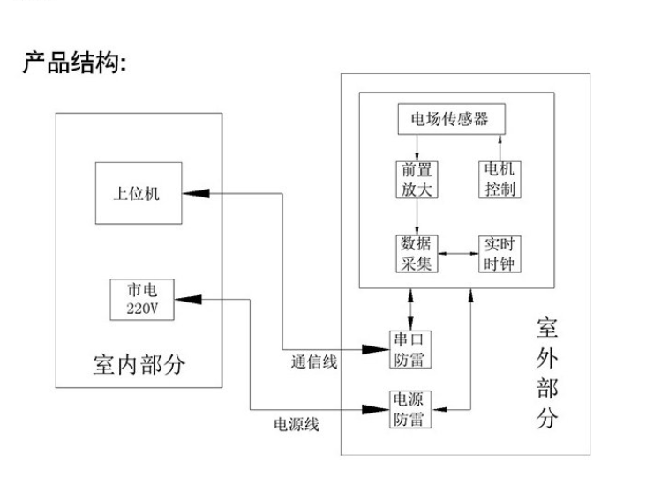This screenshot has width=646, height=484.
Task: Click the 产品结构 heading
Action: pyautogui.click(x=75, y=66)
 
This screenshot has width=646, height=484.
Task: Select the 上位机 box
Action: pyautogui.click(x=137, y=193)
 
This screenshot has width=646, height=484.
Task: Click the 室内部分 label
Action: pyautogui.click(x=139, y=364)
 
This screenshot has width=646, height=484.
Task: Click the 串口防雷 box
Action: pyautogui.click(x=411, y=350)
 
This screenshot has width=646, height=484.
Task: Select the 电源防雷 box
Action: pyautogui.click(x=411, y=409)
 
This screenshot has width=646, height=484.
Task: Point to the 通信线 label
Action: pyautogui.click(x=313, y=361)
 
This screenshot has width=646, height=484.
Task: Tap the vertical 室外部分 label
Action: pyautogui.click(x=546, y=375)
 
